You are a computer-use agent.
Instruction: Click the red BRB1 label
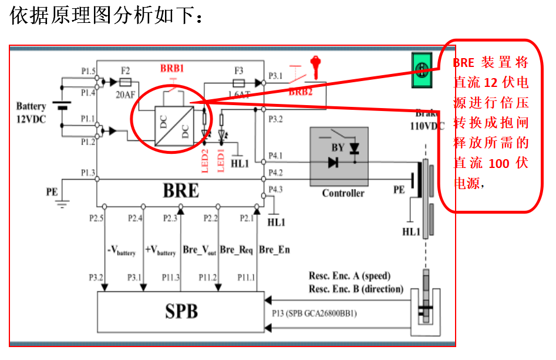click(172, 69)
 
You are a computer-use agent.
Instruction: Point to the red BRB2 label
click(300, 92)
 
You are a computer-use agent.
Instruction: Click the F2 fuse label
click(124, 70)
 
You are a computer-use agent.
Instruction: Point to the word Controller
click(343, 193)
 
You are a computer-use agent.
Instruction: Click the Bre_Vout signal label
click(200, 250)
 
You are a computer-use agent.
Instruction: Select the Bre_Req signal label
click(236, 250)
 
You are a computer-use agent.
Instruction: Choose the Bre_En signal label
click(274, 250)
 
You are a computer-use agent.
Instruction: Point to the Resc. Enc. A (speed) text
click(349, 276)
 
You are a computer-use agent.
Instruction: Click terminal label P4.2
click(275, 173)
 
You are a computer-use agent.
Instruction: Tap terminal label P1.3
click(88, 172)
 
